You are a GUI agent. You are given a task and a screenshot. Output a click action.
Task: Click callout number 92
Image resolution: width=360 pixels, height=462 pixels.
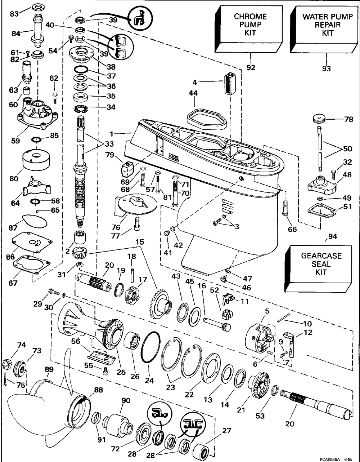pyautogui.click(x=251, y=67)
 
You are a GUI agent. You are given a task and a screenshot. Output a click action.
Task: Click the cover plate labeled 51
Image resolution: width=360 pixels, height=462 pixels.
pyautogui.click(x=321, y=211)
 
